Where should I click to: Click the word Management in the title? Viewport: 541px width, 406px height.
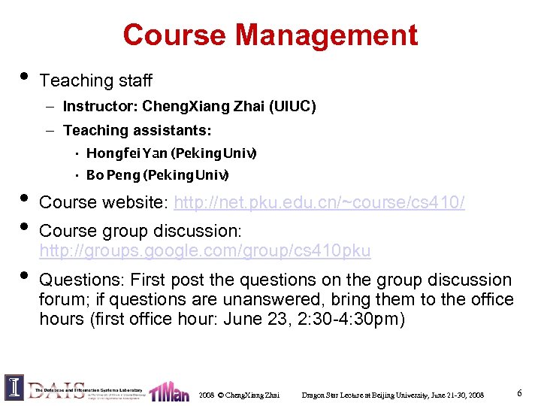point(326,35)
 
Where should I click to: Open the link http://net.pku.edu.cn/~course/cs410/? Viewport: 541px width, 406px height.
point(319,202)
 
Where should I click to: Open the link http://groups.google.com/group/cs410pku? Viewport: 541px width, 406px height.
point(204,250)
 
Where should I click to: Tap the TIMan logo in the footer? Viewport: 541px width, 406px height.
point(169,392)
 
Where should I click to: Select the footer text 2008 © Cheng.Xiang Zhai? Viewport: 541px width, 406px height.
point(239,395)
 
